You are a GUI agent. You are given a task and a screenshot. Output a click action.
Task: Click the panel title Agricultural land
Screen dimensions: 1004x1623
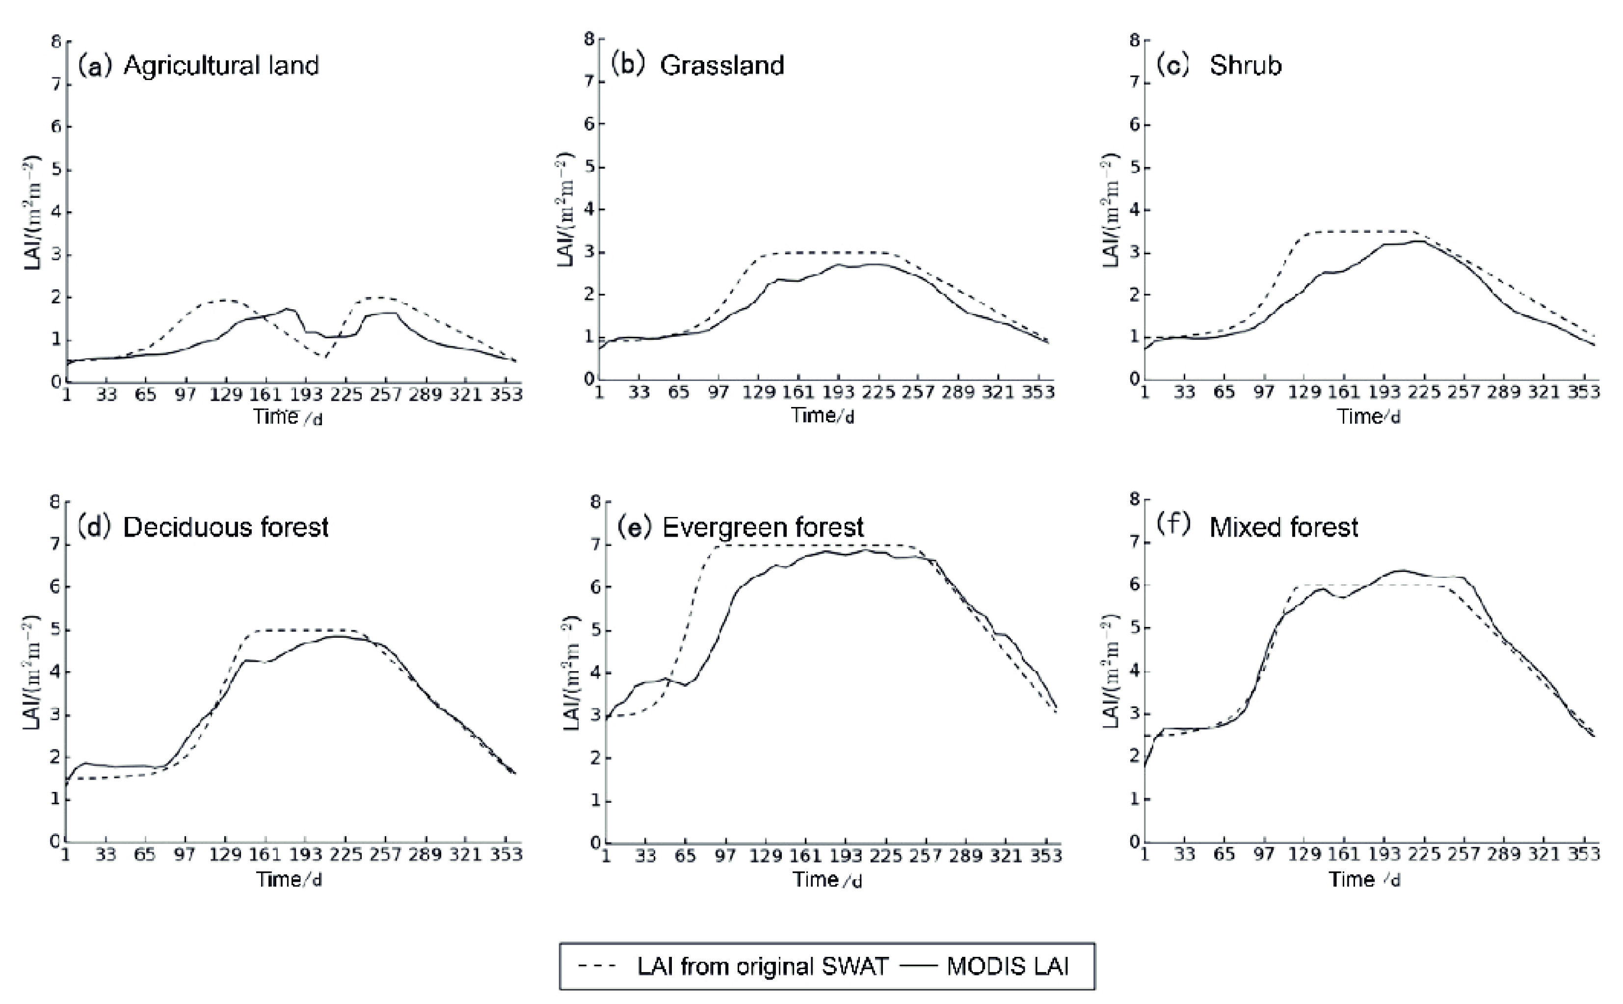point(220,66)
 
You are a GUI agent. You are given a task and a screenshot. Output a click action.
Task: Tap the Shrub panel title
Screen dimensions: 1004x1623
point(1245,65)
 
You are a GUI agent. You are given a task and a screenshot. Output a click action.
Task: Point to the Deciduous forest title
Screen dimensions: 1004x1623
point(225,527)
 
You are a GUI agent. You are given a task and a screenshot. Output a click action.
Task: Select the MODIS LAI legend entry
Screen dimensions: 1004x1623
point(1007,966)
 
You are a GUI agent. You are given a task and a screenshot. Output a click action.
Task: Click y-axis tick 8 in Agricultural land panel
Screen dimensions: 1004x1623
point(56,42)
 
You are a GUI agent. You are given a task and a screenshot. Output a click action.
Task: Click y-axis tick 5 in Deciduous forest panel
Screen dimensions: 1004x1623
point(56,629)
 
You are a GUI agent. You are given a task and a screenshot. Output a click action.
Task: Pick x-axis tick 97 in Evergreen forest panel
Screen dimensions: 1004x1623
point(725,855)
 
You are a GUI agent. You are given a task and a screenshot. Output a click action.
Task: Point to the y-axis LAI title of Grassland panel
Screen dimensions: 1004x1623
point(565,211)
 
